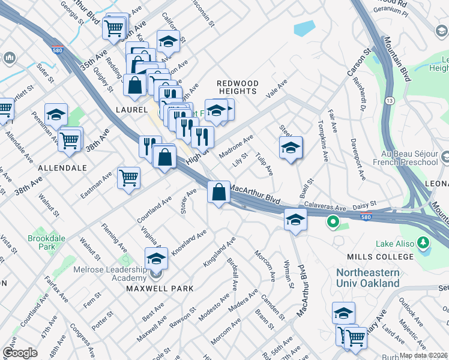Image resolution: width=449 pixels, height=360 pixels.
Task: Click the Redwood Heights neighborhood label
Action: tap(238, 87)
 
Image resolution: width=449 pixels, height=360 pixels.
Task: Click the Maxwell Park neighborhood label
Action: tap(160, 289)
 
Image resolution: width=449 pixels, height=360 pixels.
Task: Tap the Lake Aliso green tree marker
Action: tap(424, 243)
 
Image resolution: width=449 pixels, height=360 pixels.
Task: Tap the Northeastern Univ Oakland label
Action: tap(367, 277)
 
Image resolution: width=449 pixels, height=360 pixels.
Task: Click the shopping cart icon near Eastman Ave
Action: tap(129, 178)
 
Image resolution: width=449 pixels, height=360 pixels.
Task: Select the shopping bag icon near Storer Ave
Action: tap(219, 193)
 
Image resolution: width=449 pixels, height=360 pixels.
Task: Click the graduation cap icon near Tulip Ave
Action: tap(291, 148)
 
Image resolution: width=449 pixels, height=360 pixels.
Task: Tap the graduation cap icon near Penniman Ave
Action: tap(56, 115)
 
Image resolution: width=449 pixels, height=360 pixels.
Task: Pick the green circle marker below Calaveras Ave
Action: tap(332, 223)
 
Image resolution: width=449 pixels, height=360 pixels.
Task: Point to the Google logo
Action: tap(20, 353)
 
